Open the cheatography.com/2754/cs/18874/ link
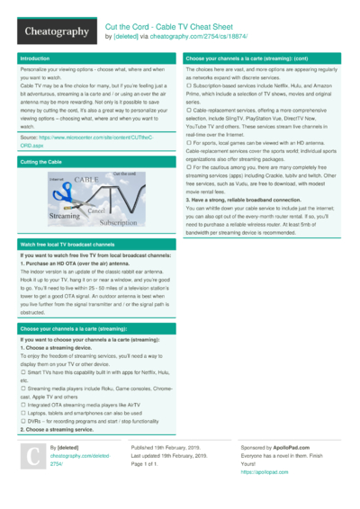pyautogui.click(x=202, y=38)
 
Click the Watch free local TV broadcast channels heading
pyautogui.click(x=68, y=245)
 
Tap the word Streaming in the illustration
pyautogui.click(x=64, y=216)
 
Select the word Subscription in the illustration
pyautogui.click(x=119, y=222)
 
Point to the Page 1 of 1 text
pyautogui.click(x=148, y=463)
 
